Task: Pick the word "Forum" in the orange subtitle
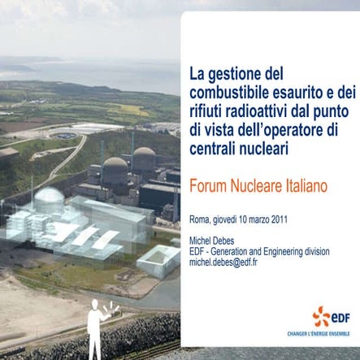209,186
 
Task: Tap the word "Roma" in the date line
198,219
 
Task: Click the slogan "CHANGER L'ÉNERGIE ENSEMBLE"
323,333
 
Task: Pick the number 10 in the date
245,219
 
